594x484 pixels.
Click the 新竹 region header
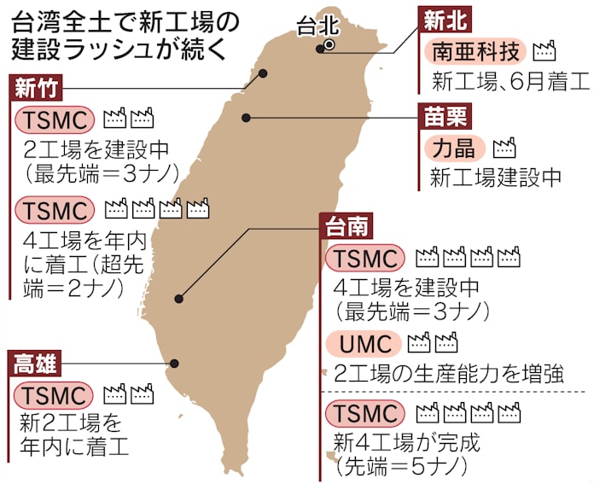click(34, 88)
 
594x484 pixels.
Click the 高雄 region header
click(35, 364)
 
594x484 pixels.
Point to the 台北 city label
click(317, 28)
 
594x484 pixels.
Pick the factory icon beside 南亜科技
click(544, 52)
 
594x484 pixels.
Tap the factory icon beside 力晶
click(504, 148)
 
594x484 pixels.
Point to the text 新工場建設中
click(496, 178)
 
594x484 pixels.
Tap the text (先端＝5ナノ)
click(401, 467)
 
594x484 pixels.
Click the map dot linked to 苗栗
click(247, 118)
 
